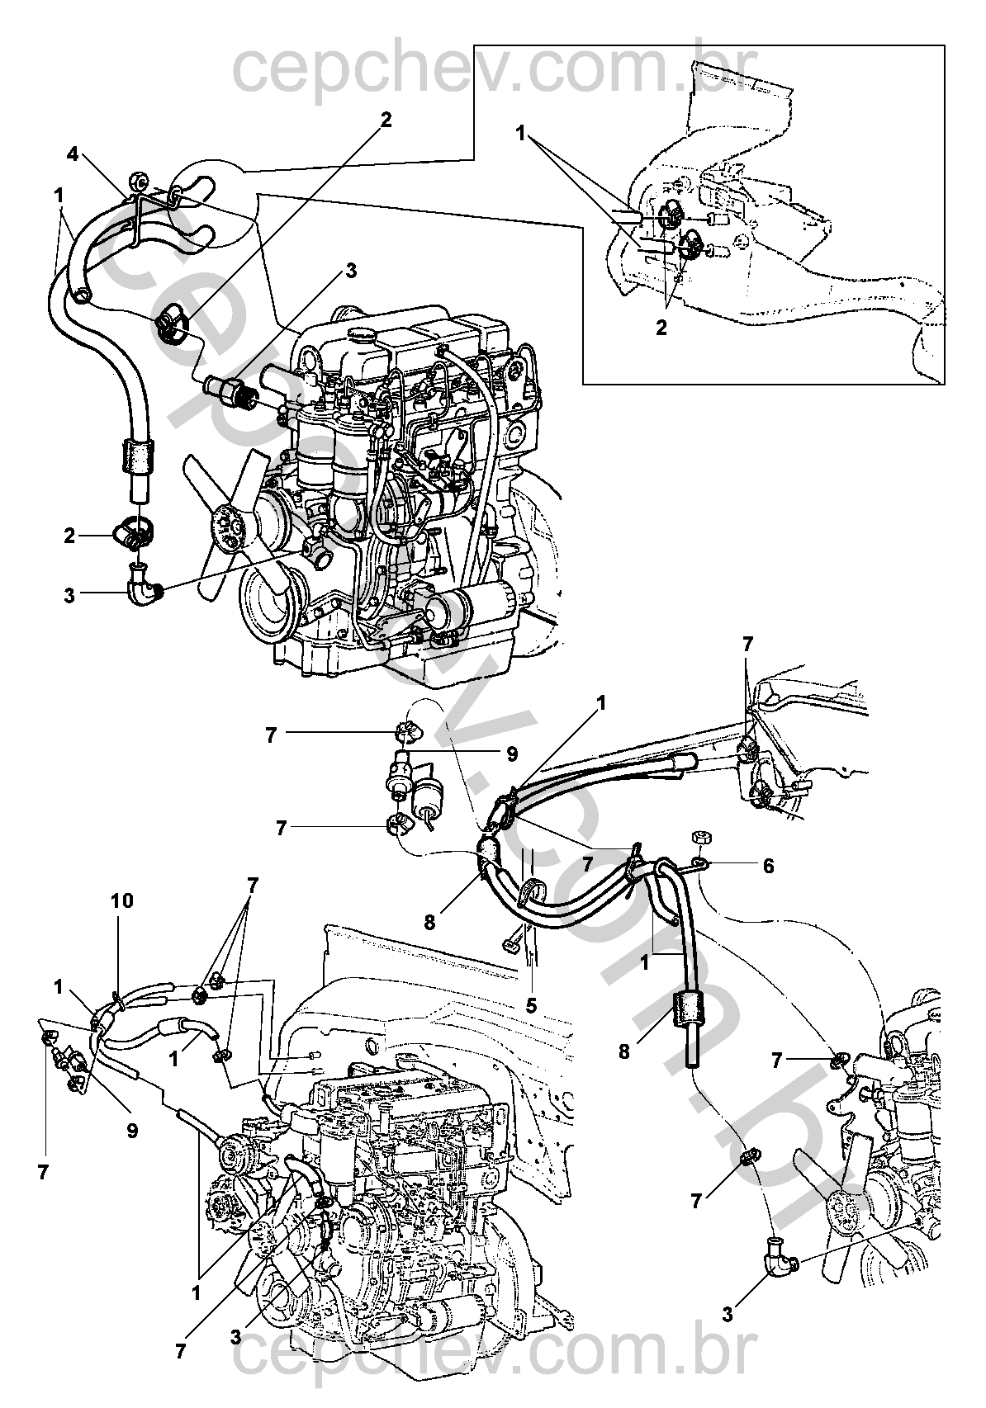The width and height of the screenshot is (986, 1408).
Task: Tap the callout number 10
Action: click(122, 900)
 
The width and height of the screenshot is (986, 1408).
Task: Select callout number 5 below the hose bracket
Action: click(531, 1005)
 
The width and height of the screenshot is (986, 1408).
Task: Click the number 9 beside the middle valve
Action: click(511, 753)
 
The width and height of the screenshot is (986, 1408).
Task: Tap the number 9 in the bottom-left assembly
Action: click(132, 1131)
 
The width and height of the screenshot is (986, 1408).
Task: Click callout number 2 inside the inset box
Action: click(661, 327)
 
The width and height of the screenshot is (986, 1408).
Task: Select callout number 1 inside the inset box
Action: click(521, 132)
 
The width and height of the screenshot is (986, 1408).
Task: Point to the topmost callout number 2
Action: click(386, 120)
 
